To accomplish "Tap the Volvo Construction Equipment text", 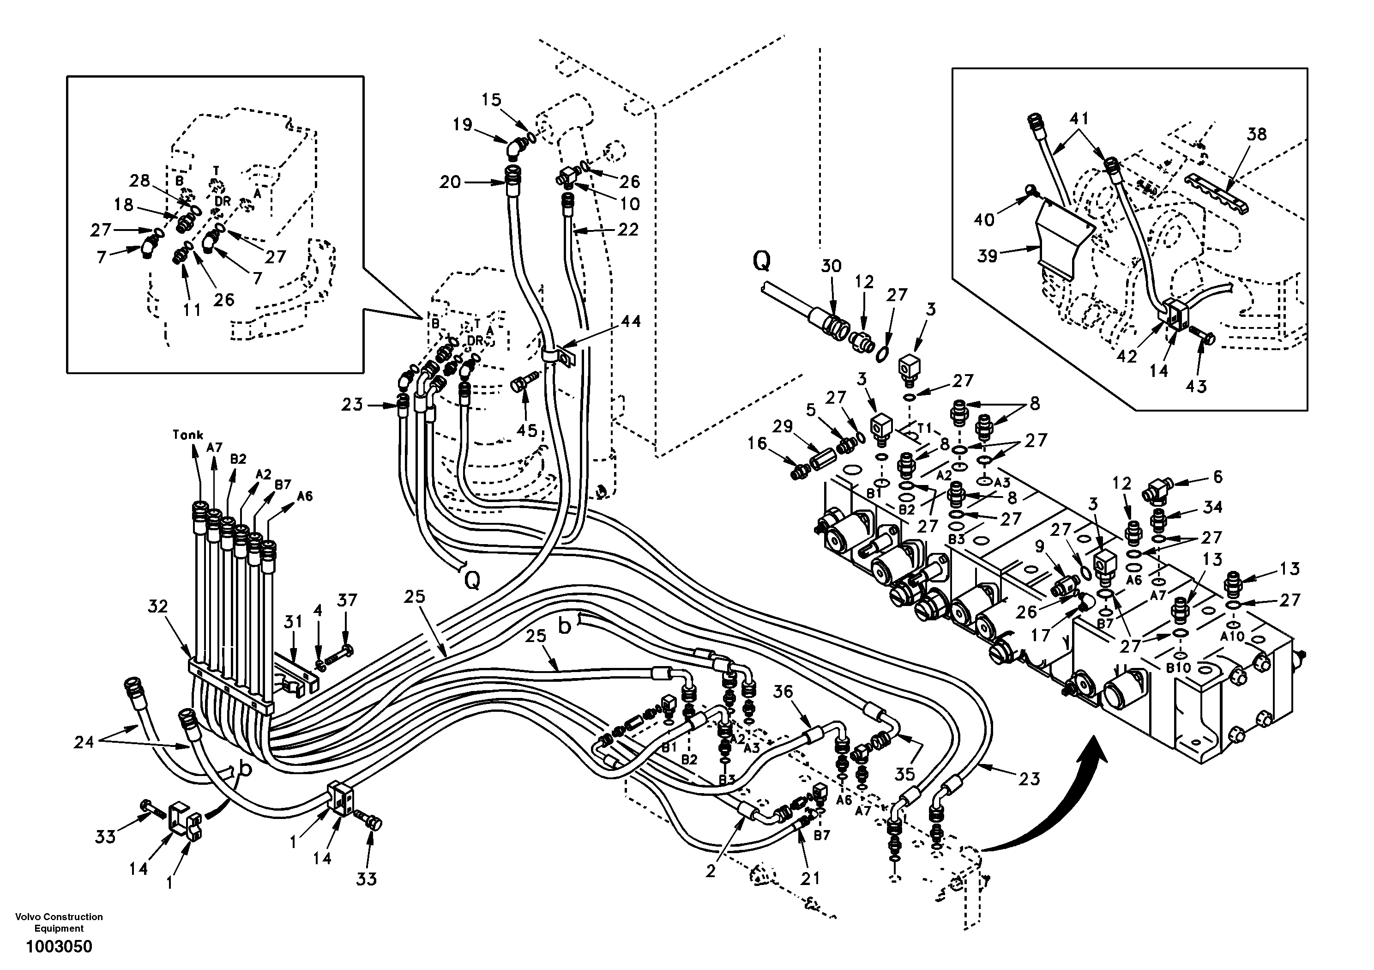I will click(59, 923).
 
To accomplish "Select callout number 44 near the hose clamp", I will click(630, 321).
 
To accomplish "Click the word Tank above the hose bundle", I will click(188, 435).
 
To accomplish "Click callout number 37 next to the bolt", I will click(347, 600).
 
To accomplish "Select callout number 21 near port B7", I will click(810, 879).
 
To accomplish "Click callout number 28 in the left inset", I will click(139, 180).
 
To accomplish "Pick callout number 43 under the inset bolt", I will click(1196, 387).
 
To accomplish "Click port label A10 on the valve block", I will click(1232, 637).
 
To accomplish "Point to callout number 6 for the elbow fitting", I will click(1217, 477).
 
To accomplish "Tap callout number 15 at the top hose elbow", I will click(491, 99).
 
